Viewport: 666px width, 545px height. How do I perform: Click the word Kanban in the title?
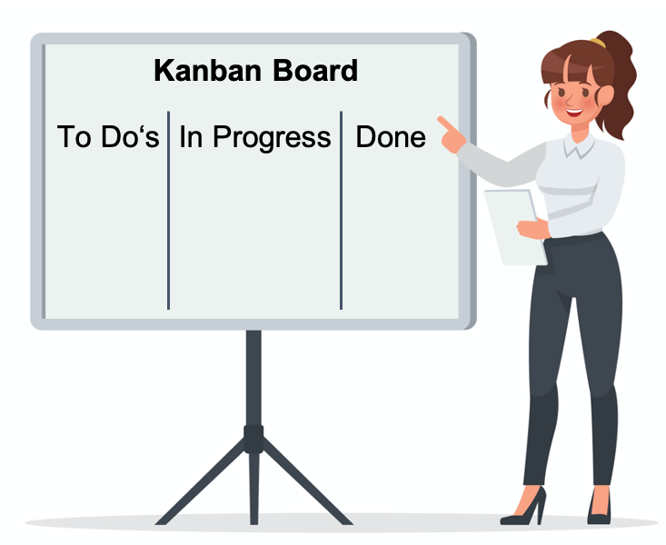pos(207,70)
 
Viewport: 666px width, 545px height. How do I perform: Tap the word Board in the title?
pos(315,70)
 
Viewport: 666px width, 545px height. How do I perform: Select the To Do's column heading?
pos(108,136)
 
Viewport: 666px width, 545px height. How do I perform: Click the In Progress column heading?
pos(254,138)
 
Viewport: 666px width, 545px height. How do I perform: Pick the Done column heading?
pos(391,137)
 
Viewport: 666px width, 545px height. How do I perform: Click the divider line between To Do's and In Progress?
pos(169,210)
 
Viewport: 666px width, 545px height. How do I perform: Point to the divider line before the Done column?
pos(341,210)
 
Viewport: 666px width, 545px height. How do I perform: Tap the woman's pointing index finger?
pos(445,124)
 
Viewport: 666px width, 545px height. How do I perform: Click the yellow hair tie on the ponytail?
pos(598,43)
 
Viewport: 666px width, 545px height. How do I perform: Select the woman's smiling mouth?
pos(574,112)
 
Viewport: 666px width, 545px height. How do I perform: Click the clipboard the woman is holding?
pos(515,227)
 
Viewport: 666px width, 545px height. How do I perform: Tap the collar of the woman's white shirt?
pos(579,145)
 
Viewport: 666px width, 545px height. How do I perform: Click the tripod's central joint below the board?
pos(253,439)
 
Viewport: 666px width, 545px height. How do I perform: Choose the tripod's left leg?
pos(201,484)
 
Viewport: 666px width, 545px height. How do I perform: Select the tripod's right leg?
pos(307,484)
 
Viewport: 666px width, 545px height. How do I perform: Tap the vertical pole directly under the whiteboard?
pos(253,378)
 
